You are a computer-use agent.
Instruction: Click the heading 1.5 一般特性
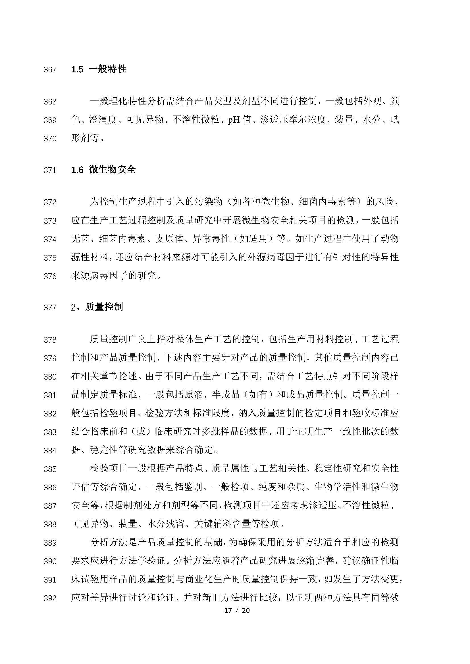pos(98,69)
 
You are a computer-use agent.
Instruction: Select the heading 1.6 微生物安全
pos(103,169)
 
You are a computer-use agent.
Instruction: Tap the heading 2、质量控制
pos(97,307)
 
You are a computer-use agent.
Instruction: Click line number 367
pos(50,70)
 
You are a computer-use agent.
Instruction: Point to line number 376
pos(50,277)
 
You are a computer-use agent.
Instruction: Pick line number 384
pos(50,451)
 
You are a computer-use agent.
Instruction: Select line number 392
pos(50,598)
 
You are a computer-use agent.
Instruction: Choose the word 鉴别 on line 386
pos(193,487)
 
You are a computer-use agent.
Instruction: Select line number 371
pos(50,170)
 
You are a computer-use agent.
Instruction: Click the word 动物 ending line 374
pos(390,239)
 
